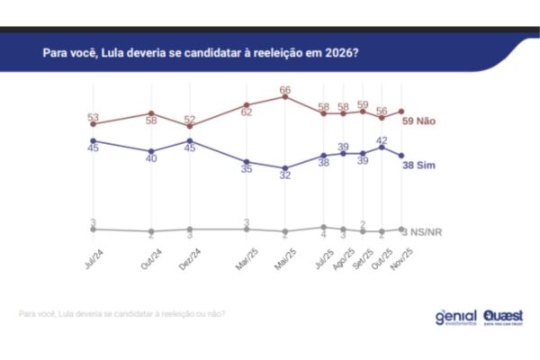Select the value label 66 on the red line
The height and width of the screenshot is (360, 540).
284,90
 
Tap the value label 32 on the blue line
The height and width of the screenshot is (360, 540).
284,176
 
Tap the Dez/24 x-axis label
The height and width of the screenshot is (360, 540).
186,258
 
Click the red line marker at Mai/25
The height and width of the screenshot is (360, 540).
285,97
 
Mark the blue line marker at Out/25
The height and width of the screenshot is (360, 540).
382,148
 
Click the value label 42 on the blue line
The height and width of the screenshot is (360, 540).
382,139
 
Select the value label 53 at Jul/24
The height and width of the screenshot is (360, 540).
93,117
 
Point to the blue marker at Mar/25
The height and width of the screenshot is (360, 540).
247,162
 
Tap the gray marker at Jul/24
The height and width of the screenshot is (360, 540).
93,229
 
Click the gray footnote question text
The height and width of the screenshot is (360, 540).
121,314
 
